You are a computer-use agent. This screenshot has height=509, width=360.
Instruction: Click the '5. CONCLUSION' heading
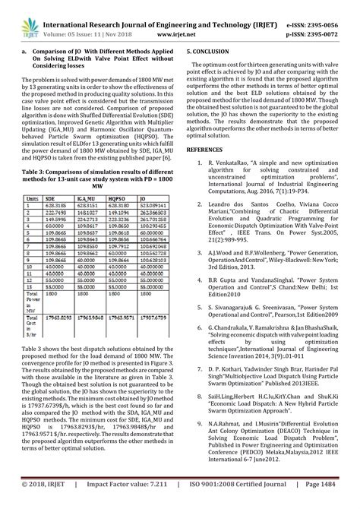click(x=212, y=49)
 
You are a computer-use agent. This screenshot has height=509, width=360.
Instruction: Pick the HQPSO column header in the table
click(x=120, y=197)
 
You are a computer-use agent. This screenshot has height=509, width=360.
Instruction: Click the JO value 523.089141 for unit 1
click(x=156, y=205)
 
